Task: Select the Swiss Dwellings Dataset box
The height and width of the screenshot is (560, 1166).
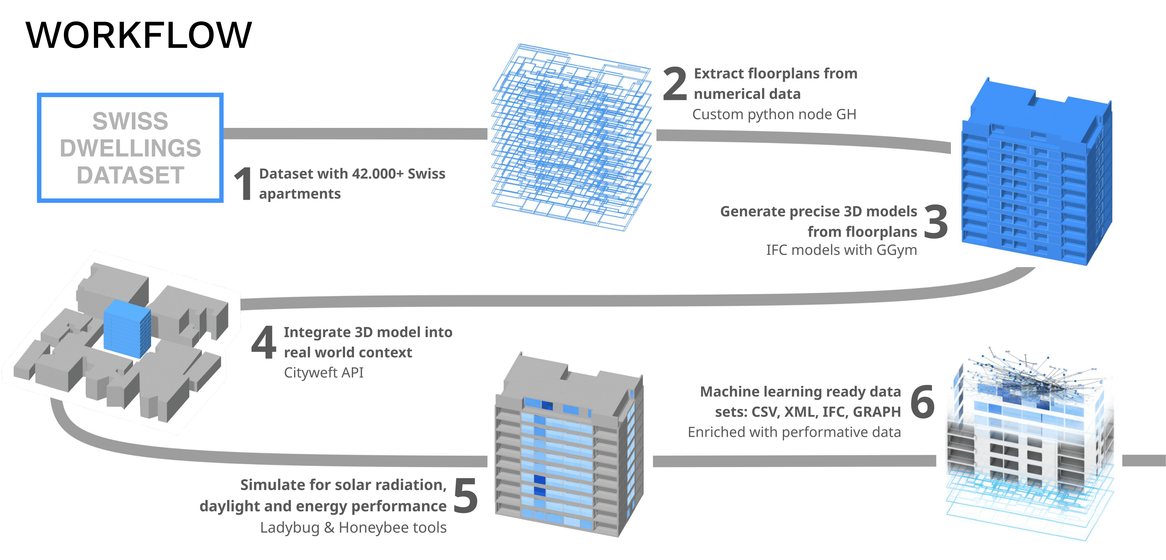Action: point(130,148)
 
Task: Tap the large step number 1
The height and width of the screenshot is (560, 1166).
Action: point(244,183)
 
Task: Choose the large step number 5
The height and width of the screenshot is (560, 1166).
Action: point(465,496)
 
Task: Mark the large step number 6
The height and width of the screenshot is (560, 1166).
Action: point(922,402)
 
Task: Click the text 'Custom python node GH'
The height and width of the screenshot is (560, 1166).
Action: point(774,114)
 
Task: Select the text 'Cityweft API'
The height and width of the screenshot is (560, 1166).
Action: point(324,373)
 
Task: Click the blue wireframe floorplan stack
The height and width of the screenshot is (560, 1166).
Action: point(571,136)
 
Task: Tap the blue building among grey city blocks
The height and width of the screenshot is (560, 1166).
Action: point(127,328)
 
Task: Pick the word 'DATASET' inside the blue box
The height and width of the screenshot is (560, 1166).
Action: point(130,175)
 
